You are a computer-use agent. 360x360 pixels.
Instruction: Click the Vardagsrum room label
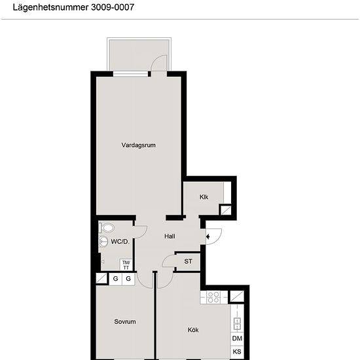coord(139,145)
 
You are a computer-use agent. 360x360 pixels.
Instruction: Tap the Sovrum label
coord(125,321)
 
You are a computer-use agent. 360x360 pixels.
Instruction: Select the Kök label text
coord(193,330)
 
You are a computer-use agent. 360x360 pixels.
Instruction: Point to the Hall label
coord(170,236)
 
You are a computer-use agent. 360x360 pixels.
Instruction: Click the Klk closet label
coord(204,197)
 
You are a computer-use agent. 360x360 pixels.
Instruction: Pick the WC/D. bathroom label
coord(120,242)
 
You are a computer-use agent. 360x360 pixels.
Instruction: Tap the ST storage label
coord(189,261)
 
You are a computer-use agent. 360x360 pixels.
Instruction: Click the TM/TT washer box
coord(126,265)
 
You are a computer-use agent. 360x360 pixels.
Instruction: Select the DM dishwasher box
coord(237,338)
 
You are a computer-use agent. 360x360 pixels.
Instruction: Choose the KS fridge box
coord(237,351)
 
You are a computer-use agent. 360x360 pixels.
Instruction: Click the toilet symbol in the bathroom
coord(107,228)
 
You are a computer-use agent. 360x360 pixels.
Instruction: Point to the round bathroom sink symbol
coord(103,242)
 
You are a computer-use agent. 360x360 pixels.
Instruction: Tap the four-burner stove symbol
coord(213,297)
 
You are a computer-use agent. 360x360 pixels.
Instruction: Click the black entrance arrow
coord(207,236)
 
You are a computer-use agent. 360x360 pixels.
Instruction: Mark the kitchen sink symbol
coord(237,324)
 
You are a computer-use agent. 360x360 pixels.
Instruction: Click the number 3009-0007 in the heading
coord(113,7)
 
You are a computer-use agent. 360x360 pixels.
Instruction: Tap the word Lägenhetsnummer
coord(50,8)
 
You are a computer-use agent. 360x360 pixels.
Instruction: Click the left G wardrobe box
coord(115,279)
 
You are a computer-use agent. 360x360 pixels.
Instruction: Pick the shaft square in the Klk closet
coord(226,210)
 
